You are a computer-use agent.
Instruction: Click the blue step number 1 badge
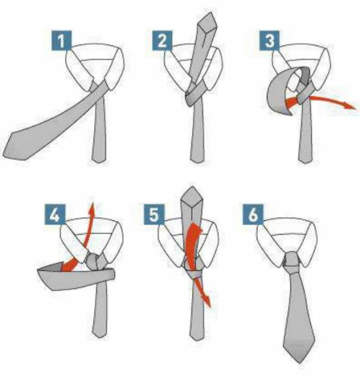click(62, 41)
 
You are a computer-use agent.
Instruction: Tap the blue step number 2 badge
click(162, 41)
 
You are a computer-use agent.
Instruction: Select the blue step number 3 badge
click(269, 41)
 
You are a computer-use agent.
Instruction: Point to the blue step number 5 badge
click(154, 214)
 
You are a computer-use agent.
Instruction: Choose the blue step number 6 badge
click(253, 214)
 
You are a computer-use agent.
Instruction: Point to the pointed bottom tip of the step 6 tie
click(299, 363)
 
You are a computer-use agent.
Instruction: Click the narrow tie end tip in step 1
click(99, 163)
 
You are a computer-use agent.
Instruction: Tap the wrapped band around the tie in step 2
click(194, 95)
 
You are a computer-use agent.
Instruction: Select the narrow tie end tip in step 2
click(198, 163)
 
